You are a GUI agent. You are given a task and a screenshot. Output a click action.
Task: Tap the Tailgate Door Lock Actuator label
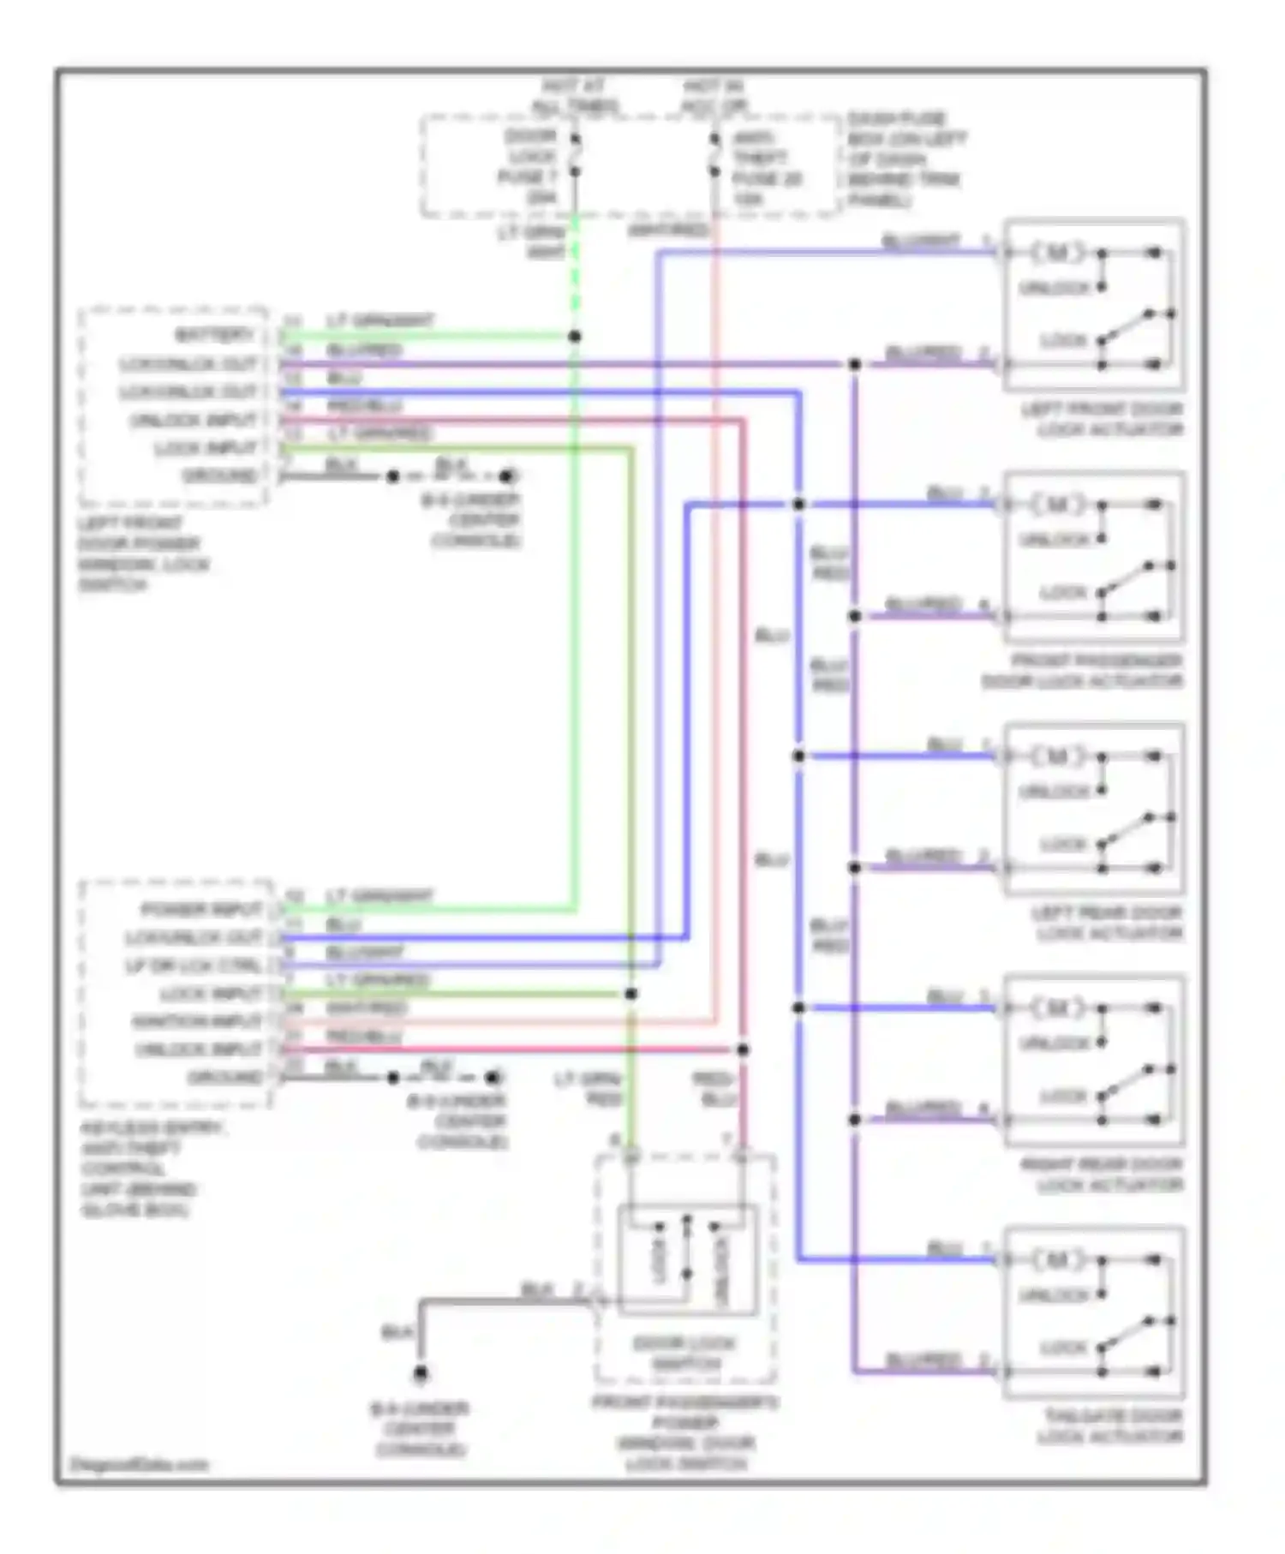(1112, 1426)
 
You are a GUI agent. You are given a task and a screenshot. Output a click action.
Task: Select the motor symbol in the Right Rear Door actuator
(1057, 1007)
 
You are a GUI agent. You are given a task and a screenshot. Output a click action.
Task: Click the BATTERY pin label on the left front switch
(214, 335)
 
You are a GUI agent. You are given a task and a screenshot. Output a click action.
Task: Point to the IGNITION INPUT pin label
(197, 1021)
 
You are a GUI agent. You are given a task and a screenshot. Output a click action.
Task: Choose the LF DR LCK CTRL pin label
(194, 965)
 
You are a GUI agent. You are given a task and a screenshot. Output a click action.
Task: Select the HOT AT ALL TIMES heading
(574, 96)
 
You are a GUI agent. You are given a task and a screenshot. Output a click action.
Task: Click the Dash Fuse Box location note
(905, 159)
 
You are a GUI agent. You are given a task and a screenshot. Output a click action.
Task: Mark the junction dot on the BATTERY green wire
(575, 337)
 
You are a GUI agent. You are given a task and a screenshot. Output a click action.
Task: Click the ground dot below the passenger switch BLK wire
(420, 1374)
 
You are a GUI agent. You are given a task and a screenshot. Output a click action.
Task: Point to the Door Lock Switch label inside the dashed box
(684, 1353)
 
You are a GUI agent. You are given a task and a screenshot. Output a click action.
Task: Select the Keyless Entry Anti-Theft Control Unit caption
(151, 1168)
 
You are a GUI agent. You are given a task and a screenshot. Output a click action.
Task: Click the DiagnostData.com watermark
(139, 1464)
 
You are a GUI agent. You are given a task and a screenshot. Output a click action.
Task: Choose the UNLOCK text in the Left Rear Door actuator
(1054, 792)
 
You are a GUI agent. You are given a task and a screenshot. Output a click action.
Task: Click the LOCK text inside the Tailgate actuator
(1063, 1348)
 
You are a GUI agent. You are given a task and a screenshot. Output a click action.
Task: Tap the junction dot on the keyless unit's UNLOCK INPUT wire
(743, 1049)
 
